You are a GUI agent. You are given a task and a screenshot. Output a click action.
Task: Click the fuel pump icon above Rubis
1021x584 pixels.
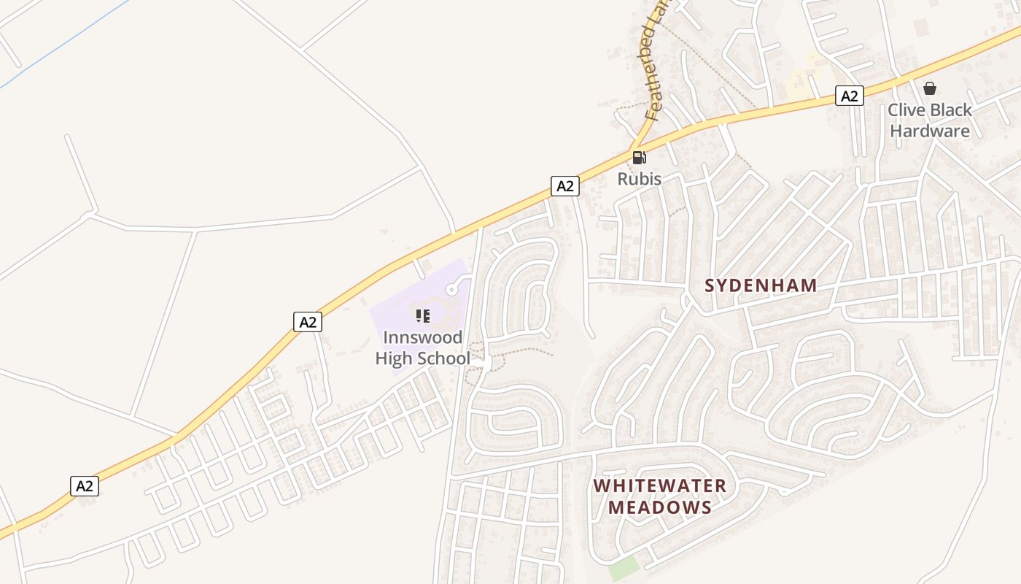(639, 157)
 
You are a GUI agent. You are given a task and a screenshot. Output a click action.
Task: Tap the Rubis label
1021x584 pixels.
(640, 179)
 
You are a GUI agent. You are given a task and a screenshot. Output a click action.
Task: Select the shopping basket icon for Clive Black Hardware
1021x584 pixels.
(930, 88)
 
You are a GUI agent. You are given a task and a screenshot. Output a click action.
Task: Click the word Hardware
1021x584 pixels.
(930, 131)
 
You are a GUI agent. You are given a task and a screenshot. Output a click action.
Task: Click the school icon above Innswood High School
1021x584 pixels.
(423, 316)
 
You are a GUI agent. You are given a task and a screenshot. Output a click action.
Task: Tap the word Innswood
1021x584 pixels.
(423, 338)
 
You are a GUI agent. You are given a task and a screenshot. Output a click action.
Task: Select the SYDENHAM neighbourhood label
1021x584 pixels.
(761, 285)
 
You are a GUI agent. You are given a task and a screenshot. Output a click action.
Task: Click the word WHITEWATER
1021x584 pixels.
(659, 485)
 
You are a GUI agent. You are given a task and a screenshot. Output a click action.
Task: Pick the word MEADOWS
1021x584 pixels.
(659, 507)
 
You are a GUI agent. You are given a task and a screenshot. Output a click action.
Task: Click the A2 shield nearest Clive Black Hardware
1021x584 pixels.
(849, 96)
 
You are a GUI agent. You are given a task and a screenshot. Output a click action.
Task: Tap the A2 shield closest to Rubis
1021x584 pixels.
(564, 186)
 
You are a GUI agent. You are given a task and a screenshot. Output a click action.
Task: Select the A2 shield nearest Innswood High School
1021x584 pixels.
(308, 322)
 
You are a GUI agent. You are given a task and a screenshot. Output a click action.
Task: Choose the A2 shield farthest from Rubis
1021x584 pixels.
(85, 486)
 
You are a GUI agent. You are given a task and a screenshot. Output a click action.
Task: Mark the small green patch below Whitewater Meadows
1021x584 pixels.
(624, 569)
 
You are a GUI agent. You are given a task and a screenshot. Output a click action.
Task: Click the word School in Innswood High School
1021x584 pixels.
(443, 358)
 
